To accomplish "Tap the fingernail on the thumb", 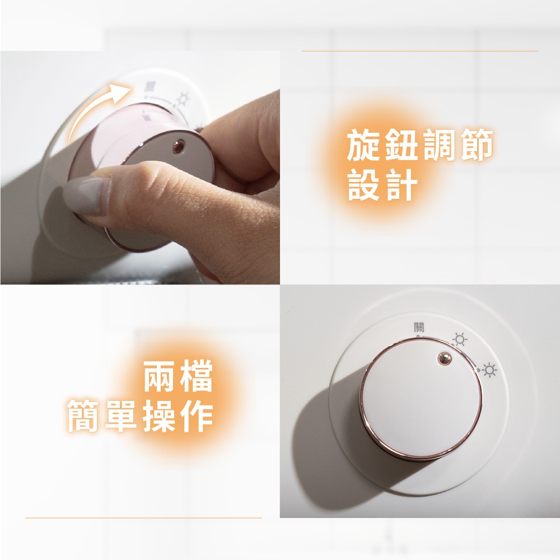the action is pyautogui.click(x=85, y=195).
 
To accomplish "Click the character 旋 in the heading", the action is pyautogui.click(x=363, y=145).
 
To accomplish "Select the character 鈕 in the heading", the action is pyautogui.click(x=402, y=145).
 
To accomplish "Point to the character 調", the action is pyautogui.click(x=440, y=145).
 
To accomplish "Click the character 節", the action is pyautogui.click(x=477, y=145).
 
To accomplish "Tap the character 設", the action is pyautogui.click(x=363, y=185).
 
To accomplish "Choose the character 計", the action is pyautogui.click(x=402, y=185).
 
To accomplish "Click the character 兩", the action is pyautogui.click(x=159, y=376).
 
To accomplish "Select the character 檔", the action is pyautogui.click(x=197, y=376).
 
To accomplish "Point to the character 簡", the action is pyautogui.click(x=83, y=416).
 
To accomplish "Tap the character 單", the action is pyautogui.click(x=121, y=416).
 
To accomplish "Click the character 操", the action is pyautogui.click(x=159, y=416).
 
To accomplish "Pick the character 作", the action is pyautogui.click(x=197, y=416).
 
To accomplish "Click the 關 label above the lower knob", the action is pyautogui.click(x=419, y=327).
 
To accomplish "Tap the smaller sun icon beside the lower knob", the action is pyautogui.click(x=460, y=339).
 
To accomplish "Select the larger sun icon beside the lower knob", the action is pyautogui.click(x=489, y=370).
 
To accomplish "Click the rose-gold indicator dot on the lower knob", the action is pyautogui.click(x=444, y=358).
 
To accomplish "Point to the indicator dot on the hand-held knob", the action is pyautogui.click(x=179, y=146).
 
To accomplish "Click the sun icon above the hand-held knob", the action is pyautogui.click(x=183, y=99).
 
